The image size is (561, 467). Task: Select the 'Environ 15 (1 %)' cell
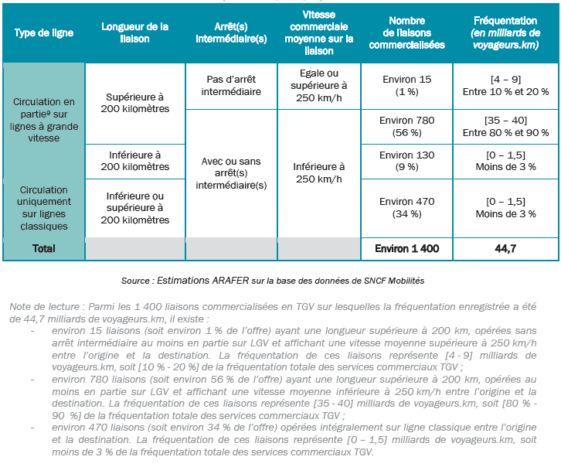tap(406, 85)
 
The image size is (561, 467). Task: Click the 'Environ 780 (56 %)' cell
tap(406, 126)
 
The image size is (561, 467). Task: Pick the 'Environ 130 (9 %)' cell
tap(406, 161)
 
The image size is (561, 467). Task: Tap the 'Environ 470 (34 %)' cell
tap(406, 207)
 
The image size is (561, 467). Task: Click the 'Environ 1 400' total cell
tap(406, 249)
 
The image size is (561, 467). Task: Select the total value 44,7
tap(506, 249)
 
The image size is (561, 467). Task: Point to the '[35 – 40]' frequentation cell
tap(506, 120)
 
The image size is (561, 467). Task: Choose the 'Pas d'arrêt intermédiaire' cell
tap(231, 85)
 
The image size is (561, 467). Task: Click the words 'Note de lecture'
tap(39, 307)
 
